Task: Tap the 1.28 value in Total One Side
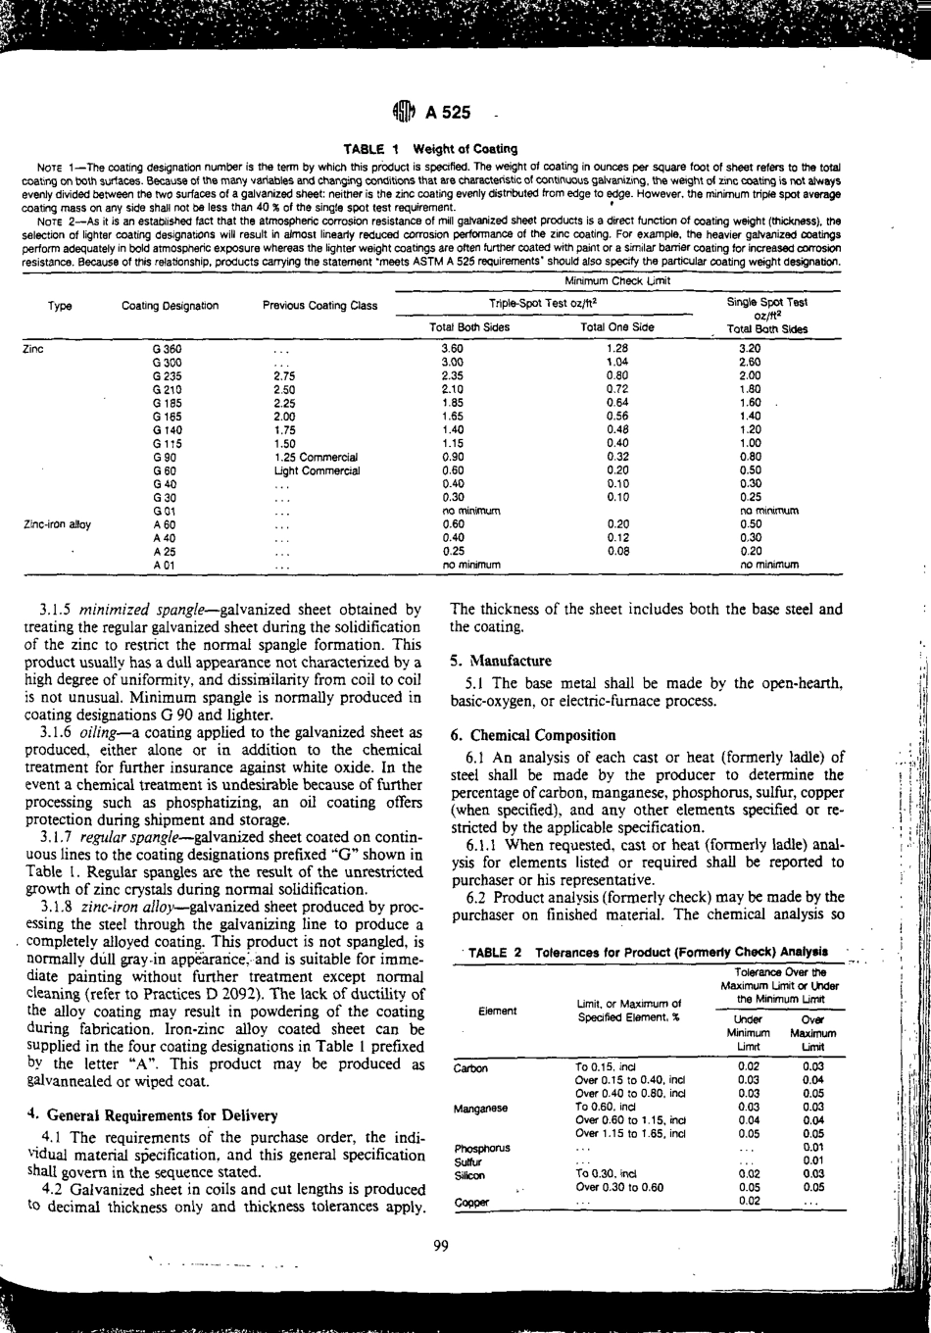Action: (x=616, y=348)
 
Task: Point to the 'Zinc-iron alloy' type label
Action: (x=56, y=524)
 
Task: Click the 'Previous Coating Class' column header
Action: (x=319, y=306)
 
